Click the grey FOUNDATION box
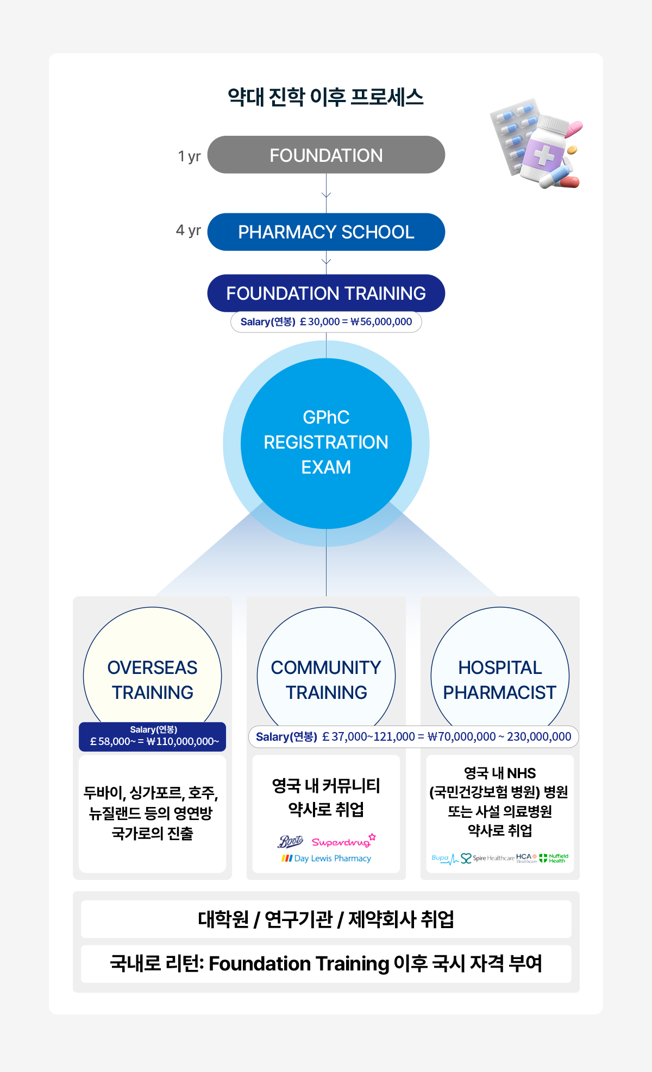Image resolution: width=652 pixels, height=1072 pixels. pos(326,155)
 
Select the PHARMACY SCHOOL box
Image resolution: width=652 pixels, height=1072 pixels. pos(326,232)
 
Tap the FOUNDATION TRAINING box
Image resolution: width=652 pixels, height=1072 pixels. pos(326,293)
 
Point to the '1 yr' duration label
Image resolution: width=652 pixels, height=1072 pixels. pos(189,156)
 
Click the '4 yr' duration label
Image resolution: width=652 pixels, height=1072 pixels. pos(188,231)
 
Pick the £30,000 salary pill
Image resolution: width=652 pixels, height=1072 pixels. pos(326,321)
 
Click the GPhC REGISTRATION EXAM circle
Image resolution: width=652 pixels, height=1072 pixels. pos(326,443)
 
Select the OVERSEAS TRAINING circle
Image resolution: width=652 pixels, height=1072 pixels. pos(152,673)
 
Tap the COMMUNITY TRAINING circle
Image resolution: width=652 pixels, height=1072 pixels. pos(326,673)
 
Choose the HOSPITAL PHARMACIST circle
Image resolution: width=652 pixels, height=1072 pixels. pos(500,673)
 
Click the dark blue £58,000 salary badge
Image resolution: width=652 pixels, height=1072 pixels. pos(152,736)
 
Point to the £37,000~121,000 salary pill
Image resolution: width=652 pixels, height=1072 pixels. pos(413,737)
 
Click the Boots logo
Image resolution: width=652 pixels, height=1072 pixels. pos(291,842)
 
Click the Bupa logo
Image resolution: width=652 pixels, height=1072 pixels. pos(441,858)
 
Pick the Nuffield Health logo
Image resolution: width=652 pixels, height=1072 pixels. pos(554,858)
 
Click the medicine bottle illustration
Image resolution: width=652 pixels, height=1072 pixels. pos(543,149)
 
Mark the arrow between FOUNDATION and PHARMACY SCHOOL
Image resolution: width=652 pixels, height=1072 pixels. pos(326,194)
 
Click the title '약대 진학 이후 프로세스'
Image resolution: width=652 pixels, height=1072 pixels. pos(326,97)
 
